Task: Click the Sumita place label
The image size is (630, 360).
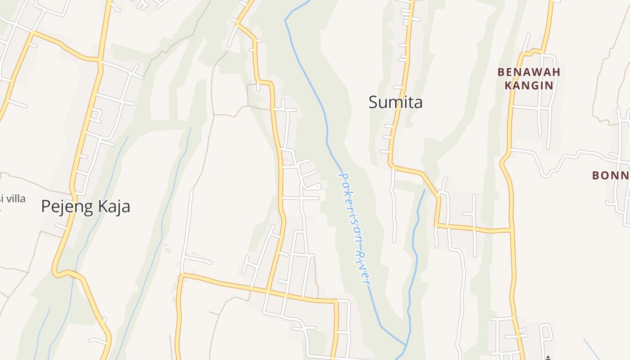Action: pyautogui.click(x=396, y=102)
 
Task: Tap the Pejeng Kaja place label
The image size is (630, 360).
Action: pyautogui.click(x=85, y=207)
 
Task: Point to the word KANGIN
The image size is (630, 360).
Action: pyautogui.click(x=529, y=85)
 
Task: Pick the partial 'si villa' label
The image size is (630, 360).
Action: pyautogui.click(x=13, y=198)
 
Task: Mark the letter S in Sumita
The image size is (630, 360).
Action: pyautogui.click(x=373, y=102)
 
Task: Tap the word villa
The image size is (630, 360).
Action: pyautogui.click(x=17, y=198)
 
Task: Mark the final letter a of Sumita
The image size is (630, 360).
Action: pyautogui.click(x=418, y=103)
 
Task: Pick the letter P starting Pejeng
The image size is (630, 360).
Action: pyautogui.click(x=45, y=207)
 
